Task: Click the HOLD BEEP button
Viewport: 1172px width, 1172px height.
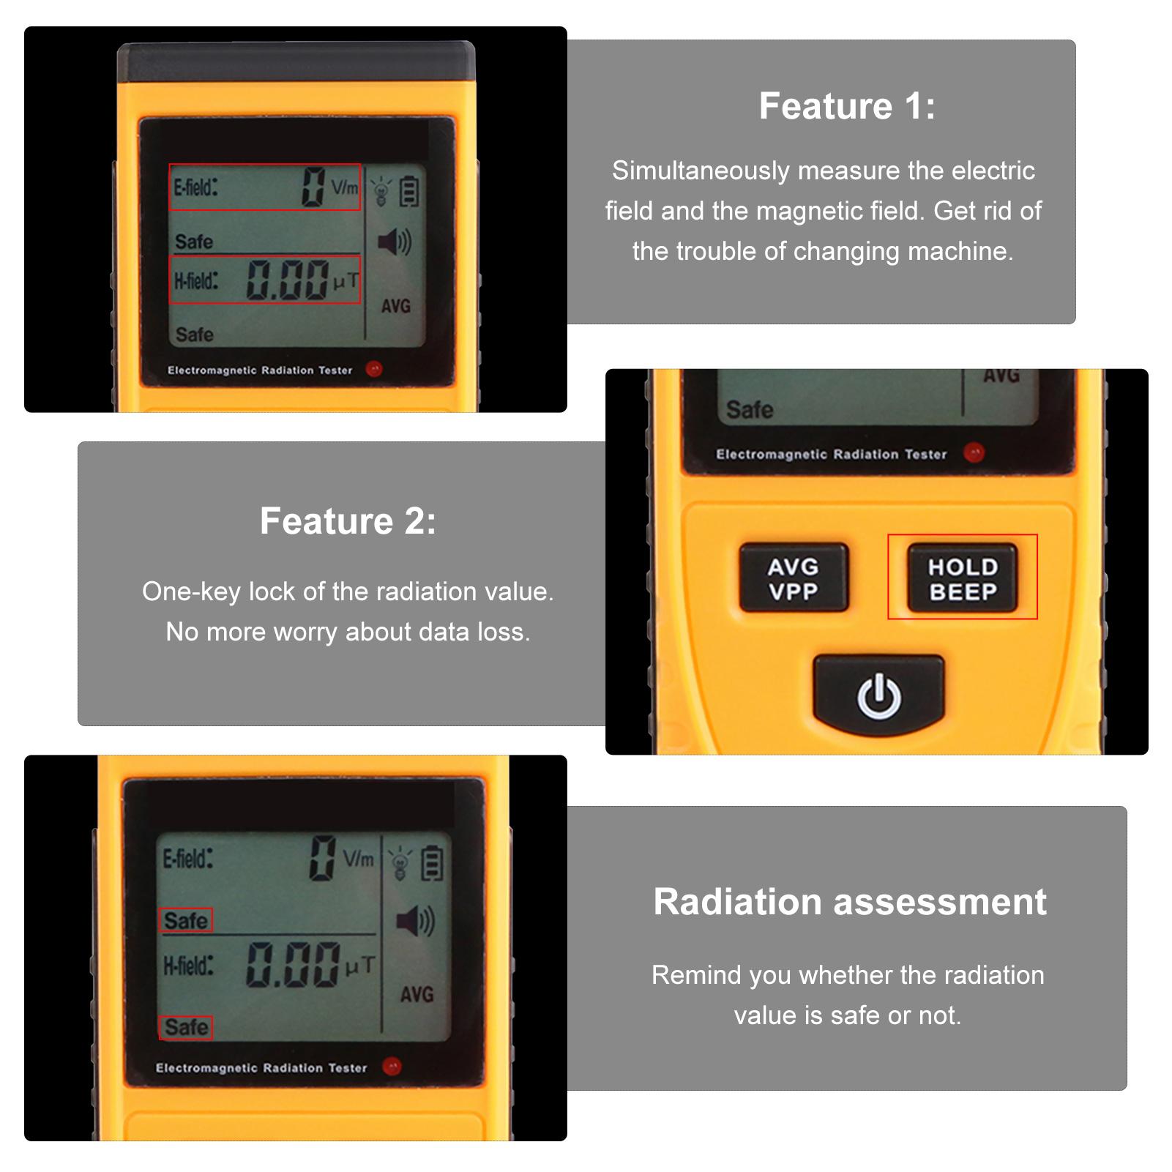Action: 962,578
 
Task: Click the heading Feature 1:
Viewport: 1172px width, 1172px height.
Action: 847,106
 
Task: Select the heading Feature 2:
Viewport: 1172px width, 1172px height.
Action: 348,521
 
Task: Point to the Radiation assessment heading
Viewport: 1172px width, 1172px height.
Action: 850,901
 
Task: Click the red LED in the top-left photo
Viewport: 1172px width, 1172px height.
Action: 374,369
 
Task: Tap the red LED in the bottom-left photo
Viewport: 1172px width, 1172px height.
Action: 392,1066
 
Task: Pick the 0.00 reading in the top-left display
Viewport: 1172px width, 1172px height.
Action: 288,280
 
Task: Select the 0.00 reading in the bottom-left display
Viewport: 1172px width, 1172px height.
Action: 294,964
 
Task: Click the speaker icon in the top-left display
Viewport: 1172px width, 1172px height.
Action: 395,242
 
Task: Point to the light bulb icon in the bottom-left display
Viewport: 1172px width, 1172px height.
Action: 400,864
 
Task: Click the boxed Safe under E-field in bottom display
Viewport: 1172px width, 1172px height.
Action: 186,920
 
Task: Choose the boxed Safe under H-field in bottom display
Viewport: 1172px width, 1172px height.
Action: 186,1027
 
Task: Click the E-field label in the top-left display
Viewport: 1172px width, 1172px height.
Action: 195,187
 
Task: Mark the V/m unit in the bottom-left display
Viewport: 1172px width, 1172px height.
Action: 359,858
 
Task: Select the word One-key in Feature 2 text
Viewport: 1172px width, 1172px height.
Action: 191,591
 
